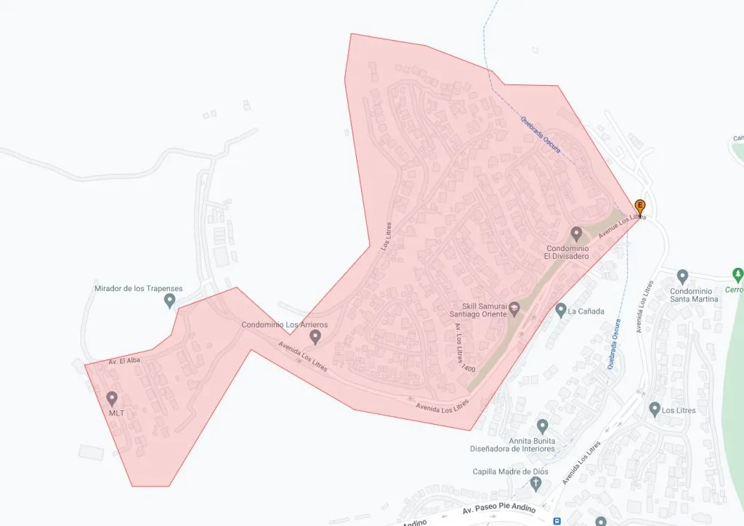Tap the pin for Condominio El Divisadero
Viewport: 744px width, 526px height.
[576, 234]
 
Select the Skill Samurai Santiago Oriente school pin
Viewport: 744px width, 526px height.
[514, 309]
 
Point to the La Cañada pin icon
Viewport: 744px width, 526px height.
[560, 311]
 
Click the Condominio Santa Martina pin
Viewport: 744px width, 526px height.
[682, 276]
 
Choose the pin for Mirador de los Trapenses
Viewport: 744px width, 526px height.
[170, 300]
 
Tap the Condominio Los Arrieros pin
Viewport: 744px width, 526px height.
[315, 337]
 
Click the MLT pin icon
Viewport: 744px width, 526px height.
[112, 398]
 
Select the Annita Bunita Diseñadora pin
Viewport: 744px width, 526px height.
[542, 426]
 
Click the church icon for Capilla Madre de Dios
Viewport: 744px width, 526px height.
[536, 484]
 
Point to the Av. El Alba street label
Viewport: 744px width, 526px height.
[124, 361]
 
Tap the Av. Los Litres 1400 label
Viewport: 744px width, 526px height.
[463, 348]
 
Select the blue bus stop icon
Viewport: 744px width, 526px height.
[557, 521]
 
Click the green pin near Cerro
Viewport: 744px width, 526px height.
[738, 275]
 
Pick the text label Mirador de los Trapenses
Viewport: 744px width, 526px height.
[139, 288]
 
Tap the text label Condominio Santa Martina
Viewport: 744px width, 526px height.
[694, 294]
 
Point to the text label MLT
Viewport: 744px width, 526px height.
[116, 413]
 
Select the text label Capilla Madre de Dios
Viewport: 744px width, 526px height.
[511, 471]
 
